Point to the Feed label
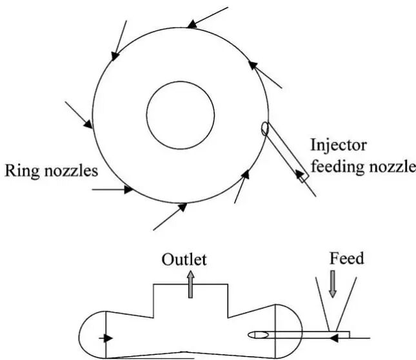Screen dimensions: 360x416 pyautogui.click(x=346, y=259)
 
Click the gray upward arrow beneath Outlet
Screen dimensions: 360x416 pyautogui.click(x=190, y=285)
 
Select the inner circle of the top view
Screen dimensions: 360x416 pyautogui.click(x=180, y=117)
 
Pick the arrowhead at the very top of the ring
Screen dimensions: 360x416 pyautogui.click(x=192, y=25)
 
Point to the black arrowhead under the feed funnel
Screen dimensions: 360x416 pyautogui.click(x=332, y=336)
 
